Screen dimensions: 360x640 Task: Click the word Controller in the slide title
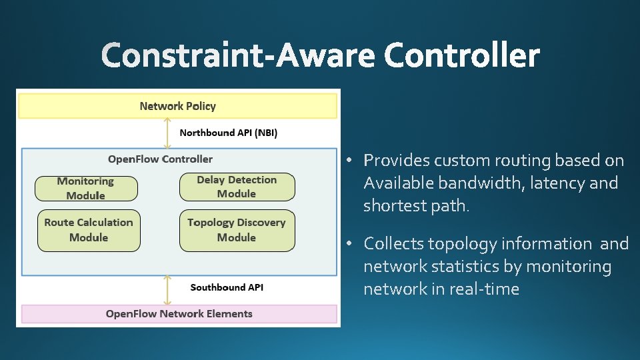coord(461,55)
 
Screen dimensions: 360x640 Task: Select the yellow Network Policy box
coord(177,106)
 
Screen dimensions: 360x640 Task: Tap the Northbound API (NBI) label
coord(228,133)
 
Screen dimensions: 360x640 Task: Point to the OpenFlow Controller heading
coord(160,159)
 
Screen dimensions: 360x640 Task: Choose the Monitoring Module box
coord(86,189)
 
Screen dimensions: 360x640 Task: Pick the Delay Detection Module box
coord(237,187)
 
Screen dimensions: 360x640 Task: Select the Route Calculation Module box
coord(89,230)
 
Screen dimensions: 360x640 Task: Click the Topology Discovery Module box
coord(237,230)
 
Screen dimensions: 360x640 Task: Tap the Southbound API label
coord(227,287)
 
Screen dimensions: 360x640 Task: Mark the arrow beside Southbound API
coord(167,290)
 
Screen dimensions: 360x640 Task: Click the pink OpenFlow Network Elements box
coord(179,314)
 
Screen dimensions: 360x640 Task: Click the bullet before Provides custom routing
coord(349,161)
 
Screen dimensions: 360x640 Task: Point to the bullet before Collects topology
coord(349,244)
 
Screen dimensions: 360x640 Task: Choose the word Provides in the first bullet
coord(396,161)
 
